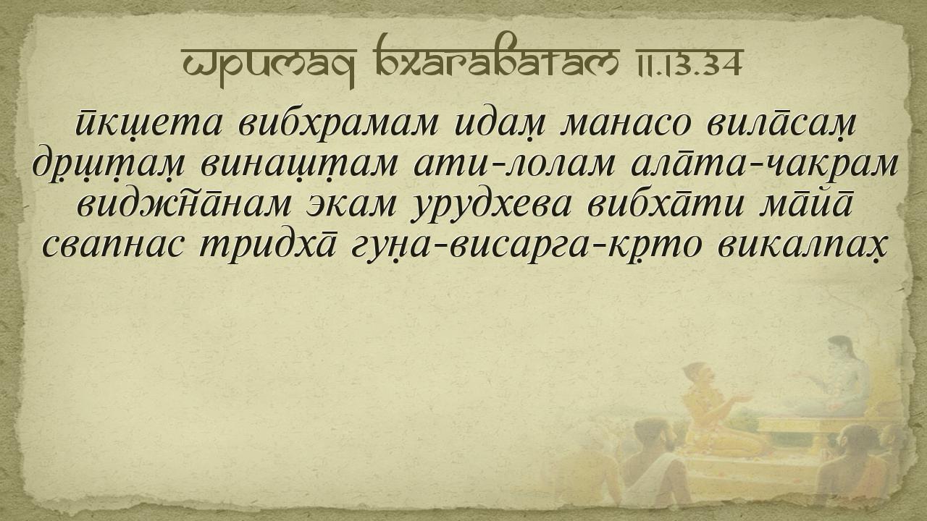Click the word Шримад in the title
click(x=268, y=66)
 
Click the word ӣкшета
click(x=149, y=124)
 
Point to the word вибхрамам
click(x=338, y=124)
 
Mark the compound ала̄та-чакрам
click(x=764, y=164)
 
